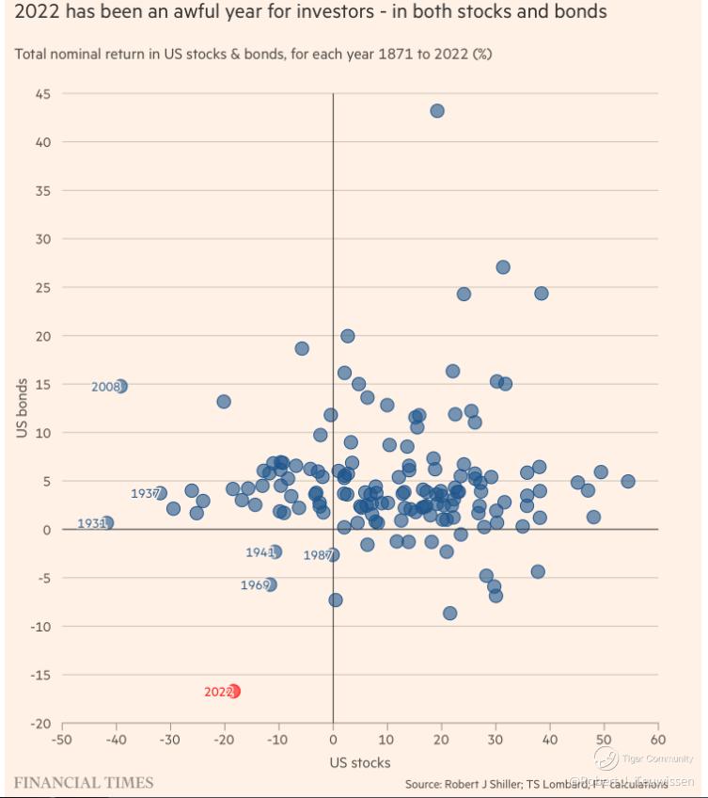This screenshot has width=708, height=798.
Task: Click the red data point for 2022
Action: point(233,691)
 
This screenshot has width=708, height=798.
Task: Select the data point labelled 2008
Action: point(119,386)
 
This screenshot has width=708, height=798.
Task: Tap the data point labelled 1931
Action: point(107,523)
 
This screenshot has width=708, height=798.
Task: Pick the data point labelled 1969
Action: point(271,584)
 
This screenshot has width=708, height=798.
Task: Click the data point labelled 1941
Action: point(275,552)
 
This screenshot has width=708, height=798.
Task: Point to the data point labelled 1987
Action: point(332,555)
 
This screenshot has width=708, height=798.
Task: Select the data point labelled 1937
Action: point(160,493)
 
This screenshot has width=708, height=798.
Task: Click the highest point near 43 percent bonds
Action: point(437,111)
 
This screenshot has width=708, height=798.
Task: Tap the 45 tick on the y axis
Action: point(43,94)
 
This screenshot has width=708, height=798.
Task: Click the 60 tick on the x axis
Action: point(657,741)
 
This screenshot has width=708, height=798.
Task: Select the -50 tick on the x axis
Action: point(62,741)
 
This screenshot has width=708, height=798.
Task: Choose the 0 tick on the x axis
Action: point(333,741)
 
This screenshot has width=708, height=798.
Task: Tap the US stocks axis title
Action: point(360,762)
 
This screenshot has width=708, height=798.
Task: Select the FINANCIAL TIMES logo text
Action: point(84,782)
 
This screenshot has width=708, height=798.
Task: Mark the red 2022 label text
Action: point(216,692)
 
